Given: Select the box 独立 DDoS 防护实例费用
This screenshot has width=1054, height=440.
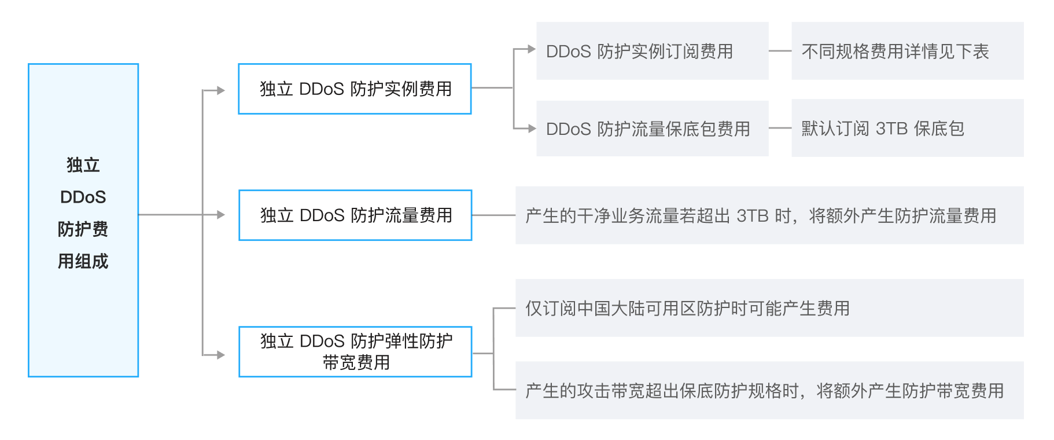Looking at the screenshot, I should coord(355,89).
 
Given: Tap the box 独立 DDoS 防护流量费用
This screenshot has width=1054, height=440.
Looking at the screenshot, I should coord(355,215).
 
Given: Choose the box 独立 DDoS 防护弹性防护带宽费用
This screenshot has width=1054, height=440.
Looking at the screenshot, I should coord(355,352).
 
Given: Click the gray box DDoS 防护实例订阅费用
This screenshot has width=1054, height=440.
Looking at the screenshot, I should coord(652,52).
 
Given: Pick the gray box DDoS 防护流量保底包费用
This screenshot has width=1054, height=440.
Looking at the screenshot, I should coord(652,129).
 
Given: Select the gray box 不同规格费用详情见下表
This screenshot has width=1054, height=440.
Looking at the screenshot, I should coord(907,52).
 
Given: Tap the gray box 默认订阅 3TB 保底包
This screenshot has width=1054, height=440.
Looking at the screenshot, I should coord(907,128).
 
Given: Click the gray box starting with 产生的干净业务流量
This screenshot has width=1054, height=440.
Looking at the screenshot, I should coord(769,215).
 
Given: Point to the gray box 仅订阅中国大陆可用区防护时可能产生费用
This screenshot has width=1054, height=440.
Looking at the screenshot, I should coord(769,308).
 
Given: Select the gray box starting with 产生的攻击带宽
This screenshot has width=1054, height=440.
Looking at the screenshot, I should coord(769,390).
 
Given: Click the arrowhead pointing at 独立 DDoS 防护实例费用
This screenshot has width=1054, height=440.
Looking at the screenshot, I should coord(220,90).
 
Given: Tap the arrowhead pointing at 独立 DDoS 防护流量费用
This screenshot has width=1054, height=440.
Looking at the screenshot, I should coord(220,215).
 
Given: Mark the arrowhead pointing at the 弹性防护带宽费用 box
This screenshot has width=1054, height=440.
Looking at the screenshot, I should coord(220,355).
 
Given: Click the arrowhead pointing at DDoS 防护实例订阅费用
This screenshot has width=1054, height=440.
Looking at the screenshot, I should coord(532,50).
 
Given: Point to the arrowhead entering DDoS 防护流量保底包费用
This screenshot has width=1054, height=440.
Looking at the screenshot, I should coord(532,129).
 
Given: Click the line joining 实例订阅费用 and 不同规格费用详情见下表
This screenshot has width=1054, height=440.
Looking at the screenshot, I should coord(780,51).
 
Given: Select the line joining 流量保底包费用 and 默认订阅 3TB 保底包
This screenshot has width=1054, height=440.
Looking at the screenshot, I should coord(780,128).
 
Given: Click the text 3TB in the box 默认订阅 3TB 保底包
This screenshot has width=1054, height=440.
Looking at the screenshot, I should coord(891,129).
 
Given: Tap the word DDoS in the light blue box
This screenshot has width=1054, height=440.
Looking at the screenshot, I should coord(83,197).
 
